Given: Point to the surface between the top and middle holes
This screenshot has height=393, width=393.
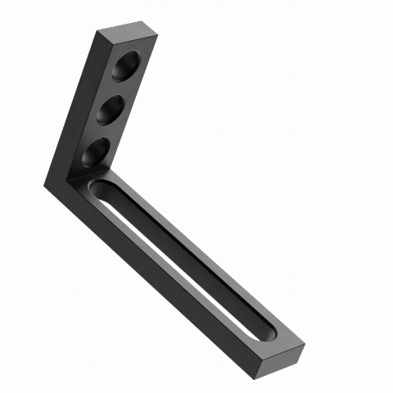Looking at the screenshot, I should pyautogui.click(x=121, y=88).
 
